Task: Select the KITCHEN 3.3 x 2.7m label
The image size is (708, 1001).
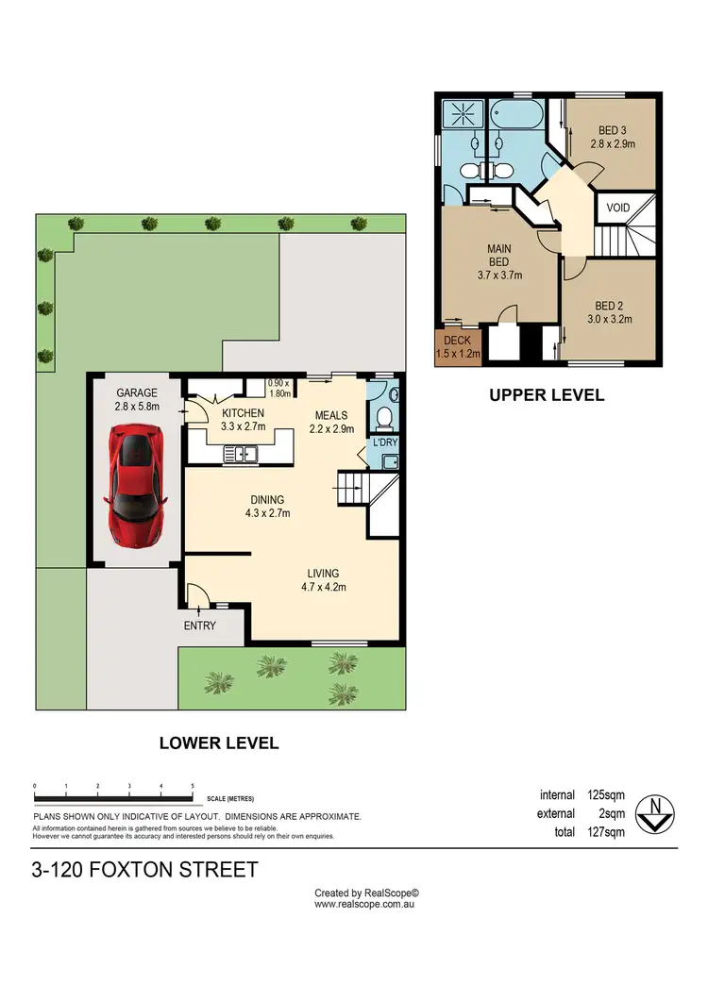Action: pos(243,419)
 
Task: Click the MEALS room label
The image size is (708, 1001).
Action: pos(330,422)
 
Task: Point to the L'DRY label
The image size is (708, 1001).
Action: pos(384,442)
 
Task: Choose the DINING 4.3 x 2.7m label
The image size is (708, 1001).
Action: pos(266,507)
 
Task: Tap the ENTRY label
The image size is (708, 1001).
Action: pos(199,626)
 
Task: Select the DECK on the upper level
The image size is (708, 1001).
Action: pos(458,347)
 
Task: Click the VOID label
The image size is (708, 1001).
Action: pos(618,208)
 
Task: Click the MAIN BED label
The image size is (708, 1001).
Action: pos(498,261)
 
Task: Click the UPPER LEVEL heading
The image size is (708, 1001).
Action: pos(546,395)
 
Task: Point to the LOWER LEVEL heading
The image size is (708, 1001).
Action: pos(218,742)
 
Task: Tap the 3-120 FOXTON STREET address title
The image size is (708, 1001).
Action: pos(144,869)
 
